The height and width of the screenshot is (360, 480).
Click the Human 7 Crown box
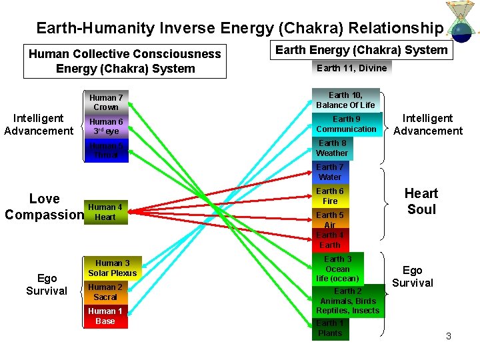tap(106, 103)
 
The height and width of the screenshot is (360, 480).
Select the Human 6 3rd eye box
tap(106, 127)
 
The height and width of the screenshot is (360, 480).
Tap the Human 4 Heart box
tap(105, 212)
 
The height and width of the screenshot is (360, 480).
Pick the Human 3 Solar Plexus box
tap(112, 268)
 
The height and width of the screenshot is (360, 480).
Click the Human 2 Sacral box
tap(105, 292)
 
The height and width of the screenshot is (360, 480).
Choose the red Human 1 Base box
tap(105, 316)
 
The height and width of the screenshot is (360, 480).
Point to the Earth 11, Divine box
tap(351, 68)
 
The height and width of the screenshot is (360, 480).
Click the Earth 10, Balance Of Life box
tap(345, 100)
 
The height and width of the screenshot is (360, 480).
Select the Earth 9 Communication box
tap(346, 124)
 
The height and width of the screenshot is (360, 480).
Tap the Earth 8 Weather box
tap(332, 148)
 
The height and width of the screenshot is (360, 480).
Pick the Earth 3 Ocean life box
tap(337, 269)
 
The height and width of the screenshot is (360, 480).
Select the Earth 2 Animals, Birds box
tap(348, 301)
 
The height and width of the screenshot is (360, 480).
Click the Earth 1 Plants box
tap(330, 329)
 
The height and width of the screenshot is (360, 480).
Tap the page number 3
tap(449, 336)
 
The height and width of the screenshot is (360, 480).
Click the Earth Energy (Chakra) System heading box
tap(361, 50)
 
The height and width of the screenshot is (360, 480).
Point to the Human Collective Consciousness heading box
tap(125, 61)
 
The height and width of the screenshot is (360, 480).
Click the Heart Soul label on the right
tap(421, 201)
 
